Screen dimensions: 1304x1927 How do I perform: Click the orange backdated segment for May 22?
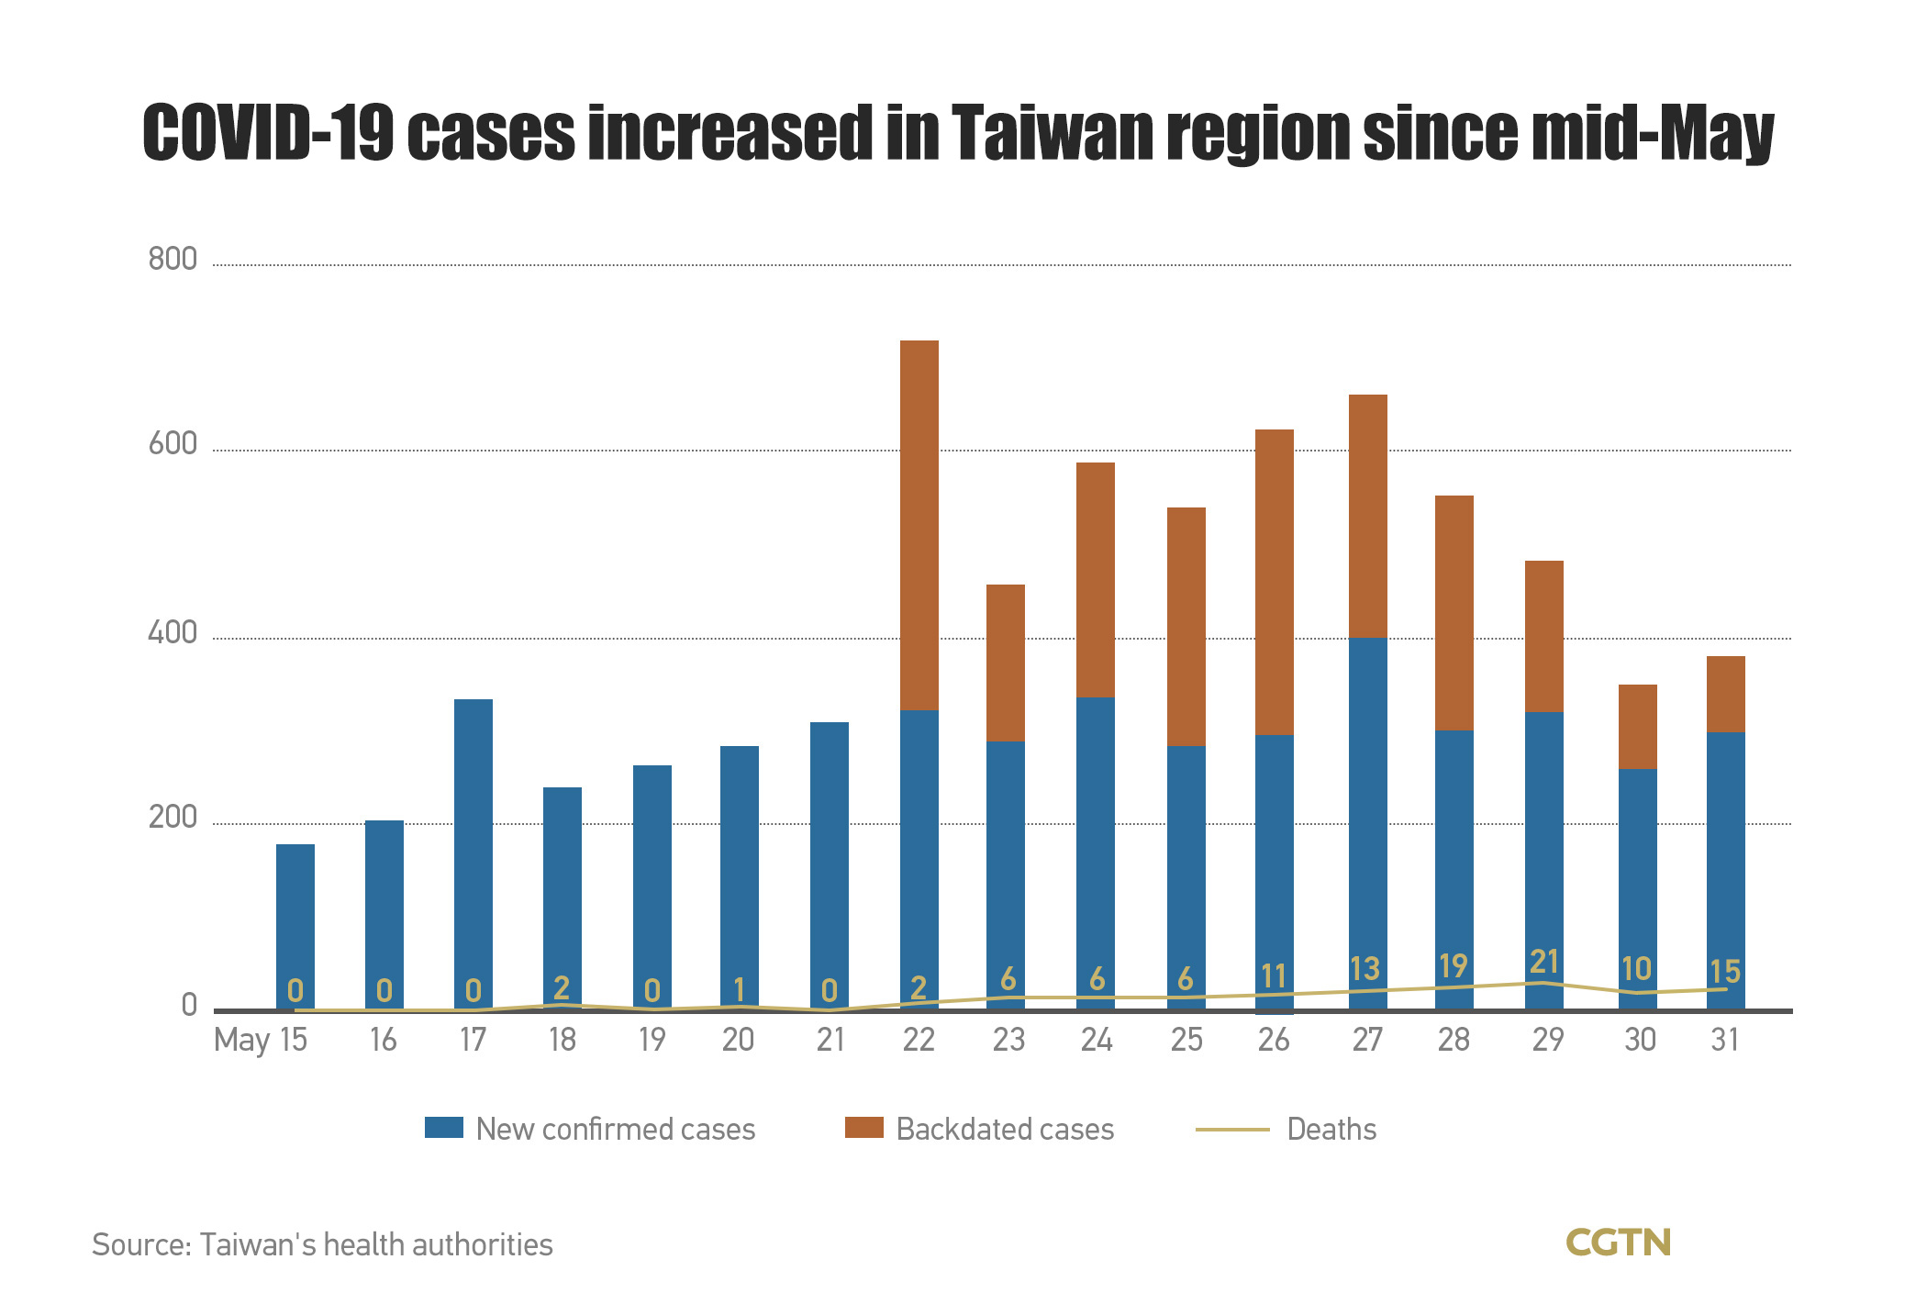coord(919,525)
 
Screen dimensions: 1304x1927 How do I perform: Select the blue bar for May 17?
coord(473,853)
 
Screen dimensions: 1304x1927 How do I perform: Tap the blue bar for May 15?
coord(295,927)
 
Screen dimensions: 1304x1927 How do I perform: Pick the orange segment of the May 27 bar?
coord(1367,516)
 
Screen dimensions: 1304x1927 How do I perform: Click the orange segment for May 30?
coord(1637,727)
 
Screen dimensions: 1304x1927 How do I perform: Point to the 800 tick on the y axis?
coord(173,260)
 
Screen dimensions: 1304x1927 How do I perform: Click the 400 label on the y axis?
coord(173,633)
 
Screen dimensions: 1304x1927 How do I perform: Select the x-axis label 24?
coord(1096,1040)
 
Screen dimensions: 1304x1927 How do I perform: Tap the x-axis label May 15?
coord(261,1041)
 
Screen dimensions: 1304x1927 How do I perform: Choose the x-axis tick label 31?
coord(1725,1040)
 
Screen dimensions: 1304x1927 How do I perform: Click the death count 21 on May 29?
coord(1543,962)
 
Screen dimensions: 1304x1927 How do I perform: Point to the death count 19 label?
coord(1454,966)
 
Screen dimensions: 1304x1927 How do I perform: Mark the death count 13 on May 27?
coord(1364,969)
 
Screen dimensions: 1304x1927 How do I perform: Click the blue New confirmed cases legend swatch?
coord(444,1128)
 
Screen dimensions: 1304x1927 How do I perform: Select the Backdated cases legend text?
coord(1005,1129)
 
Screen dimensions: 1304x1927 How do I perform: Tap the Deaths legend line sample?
coord(1232,1130)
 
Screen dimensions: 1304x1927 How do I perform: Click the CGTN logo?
coord(1618,1243)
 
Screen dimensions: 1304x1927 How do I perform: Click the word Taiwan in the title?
coord(1050,134)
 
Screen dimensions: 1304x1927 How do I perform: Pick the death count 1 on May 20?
coord(739,989)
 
